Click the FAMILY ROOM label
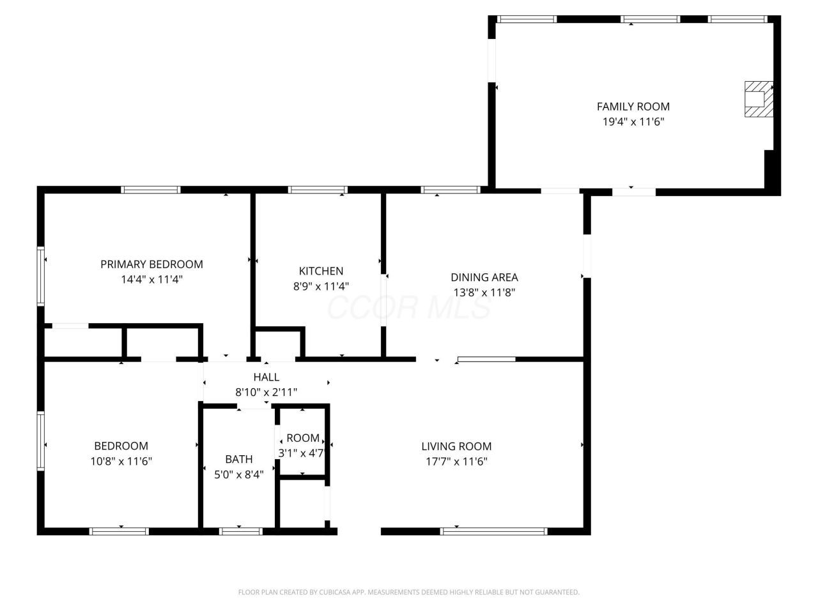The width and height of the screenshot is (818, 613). (x=633, y=107)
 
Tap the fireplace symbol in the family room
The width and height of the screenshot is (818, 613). (x=759, y=99)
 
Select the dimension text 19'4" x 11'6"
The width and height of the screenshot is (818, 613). (x=633, y=122)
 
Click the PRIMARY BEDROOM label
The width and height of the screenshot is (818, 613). (x=151, y=264)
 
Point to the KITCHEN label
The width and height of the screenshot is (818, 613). (x=321, y=271)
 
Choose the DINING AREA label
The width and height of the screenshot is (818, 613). (x=484, y=277)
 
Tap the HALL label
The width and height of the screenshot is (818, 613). (x=266, y=377)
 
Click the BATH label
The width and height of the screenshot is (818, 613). (x=239, y=459)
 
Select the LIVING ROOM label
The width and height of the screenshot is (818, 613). (x=456, y=446)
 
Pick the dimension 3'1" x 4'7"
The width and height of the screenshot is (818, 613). (x=302, y=453)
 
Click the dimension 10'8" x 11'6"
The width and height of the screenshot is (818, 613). (x=121, y=462)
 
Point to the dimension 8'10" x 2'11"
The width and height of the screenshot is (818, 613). (x=266, y=392)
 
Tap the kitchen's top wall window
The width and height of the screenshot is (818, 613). (x=318, y=190)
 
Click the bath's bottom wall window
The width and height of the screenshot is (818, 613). (x=240, y=531)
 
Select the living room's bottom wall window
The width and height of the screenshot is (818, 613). (x=494, y=531)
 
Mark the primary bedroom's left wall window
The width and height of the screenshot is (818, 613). (x=41, y=276)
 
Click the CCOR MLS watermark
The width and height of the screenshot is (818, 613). (x=408, y=307)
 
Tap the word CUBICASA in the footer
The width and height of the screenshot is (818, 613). (x=334, y=592)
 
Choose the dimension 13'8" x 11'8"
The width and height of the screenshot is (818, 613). (x=484, y=292)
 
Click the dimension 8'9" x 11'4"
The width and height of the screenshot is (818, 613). (x=321, y=286)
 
